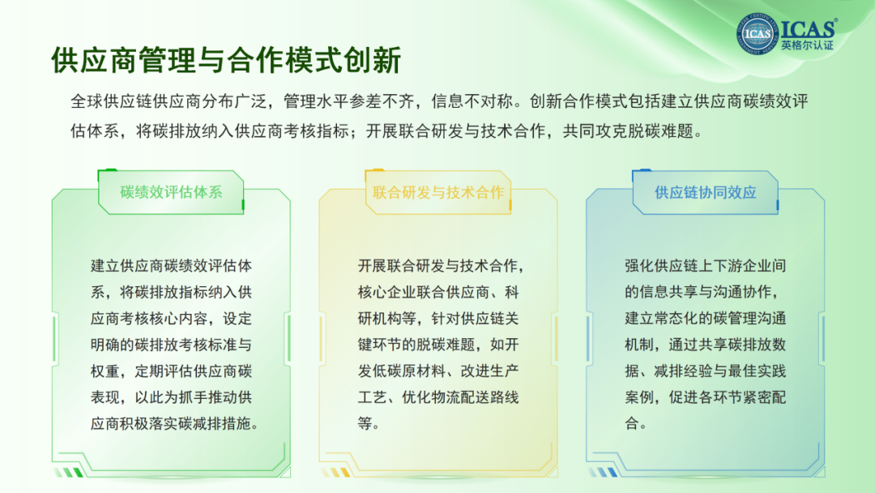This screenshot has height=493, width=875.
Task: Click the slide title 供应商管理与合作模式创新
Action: point(226,60)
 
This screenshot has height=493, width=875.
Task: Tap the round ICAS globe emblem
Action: point(758,34)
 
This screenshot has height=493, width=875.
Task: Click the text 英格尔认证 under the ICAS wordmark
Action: point(807,45)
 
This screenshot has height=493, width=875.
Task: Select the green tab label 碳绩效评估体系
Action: point(171,192)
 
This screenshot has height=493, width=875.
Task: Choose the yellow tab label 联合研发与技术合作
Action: point(438,193)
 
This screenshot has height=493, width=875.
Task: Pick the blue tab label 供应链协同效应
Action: point(706,193)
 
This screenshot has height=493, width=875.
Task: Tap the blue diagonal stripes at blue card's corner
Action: point(604,473)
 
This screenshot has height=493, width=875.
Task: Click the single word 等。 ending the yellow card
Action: point(369,423)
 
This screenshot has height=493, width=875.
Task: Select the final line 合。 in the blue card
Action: point(636,423)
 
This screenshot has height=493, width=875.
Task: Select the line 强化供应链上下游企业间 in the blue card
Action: point(706,266)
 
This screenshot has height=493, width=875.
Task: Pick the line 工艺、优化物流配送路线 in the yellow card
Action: point(438,397)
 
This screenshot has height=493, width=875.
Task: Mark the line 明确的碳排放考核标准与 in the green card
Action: point(171,345)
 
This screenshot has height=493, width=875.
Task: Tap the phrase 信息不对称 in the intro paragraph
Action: point(472,101)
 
